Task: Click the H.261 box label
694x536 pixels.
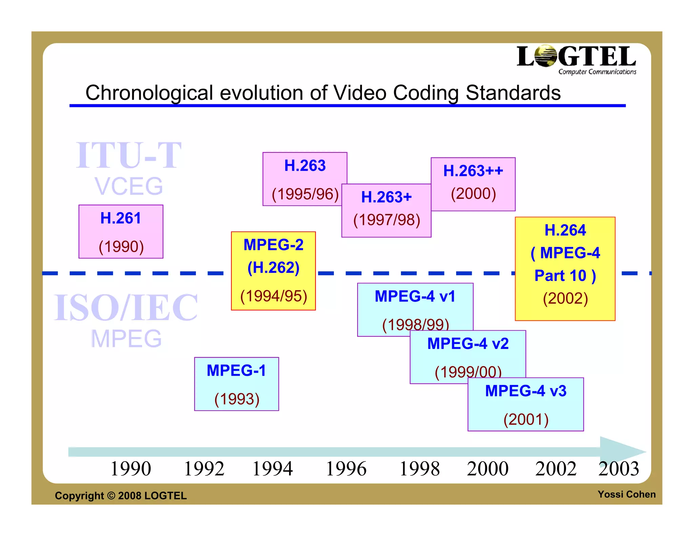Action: tap(121, 218)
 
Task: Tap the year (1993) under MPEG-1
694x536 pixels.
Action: tap(237, 399)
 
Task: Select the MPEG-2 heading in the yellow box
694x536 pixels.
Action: tap(273, 245)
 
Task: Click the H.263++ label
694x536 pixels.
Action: tap(473, 170)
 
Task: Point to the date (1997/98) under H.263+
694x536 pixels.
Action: tap(387, 220)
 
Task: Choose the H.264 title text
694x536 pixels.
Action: tap(565, 230)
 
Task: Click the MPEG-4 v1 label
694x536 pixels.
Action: tap(415, 296)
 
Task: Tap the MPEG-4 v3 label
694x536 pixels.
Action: tap(526, 391)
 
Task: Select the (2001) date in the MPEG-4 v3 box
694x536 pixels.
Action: tap(526, 419)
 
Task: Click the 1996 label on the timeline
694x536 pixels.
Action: tap(346, 469)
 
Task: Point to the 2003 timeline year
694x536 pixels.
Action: tap(618, 469)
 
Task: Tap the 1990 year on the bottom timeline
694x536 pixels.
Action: tap(131, 469)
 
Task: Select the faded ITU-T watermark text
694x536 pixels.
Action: tap(129, 155)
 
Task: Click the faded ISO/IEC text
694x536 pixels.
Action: tap(126, 308)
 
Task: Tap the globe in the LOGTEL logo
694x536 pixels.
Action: tap(546, 56)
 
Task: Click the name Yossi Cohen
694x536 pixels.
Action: tap(626, 494)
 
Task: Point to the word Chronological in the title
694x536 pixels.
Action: tap(149, 93)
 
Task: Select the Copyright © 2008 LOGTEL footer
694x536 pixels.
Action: tap(121, 496)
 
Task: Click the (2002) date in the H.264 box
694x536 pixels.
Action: tap(565, 298)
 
